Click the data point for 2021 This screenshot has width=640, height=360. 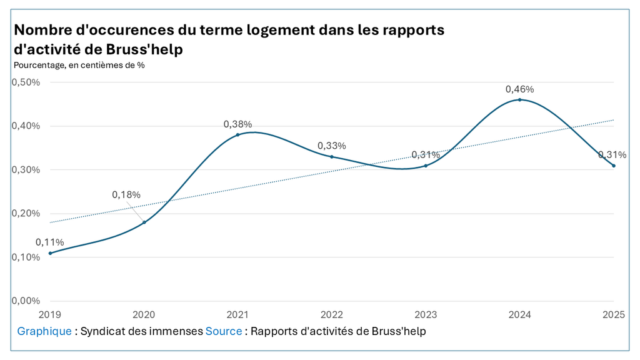(237, 135)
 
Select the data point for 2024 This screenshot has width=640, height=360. (519, 99)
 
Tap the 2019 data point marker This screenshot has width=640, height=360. (50, 253)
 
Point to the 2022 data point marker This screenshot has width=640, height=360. (331, 157)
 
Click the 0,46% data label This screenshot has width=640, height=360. (519, 89)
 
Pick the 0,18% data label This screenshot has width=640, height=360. (126, 195)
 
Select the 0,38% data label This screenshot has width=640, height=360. (237, 124)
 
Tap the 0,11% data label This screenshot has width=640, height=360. (50, 242)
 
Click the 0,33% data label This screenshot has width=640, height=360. (332, 146)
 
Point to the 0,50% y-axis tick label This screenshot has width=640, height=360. (26, 82)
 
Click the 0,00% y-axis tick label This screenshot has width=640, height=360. (26, 301)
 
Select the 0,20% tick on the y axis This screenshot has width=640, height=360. (26, 214)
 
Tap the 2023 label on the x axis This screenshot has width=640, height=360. (426, 315)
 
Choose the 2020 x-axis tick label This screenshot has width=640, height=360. (144, 315)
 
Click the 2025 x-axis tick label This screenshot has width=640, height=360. (614, 315)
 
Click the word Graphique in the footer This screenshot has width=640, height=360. (44, 331)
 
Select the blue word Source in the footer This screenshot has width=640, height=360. (224, 331)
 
